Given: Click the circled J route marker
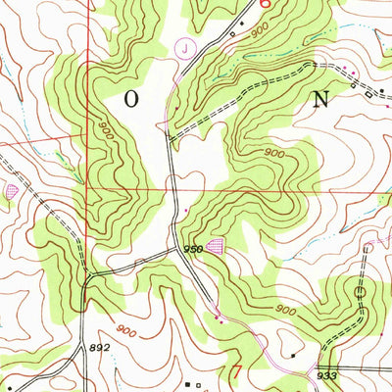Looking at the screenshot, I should click(x=184, y=46).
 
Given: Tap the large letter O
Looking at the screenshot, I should click(x=131, y=99).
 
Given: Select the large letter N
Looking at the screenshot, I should click(x=320, y=98).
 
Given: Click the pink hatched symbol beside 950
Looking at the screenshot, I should click(x=216, y=249).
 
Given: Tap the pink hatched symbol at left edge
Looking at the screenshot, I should click(x=12, y=190).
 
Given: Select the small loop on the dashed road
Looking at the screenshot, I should click(x=361, y=292).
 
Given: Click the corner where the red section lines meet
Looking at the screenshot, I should click(x=88, y=186).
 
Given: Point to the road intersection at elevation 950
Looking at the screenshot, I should click(x=179, y=248).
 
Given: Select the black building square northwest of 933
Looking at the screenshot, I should click(x=292, y=355).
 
